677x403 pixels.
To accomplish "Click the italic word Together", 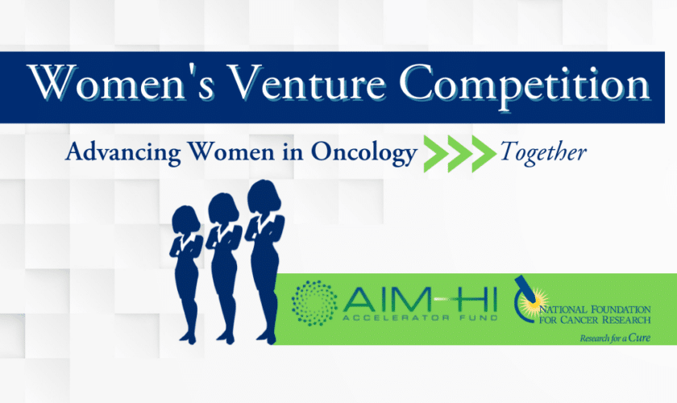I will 543,152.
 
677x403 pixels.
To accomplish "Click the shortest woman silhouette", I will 185,266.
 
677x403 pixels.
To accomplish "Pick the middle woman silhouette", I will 222,258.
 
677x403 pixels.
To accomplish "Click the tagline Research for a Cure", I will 614,338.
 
